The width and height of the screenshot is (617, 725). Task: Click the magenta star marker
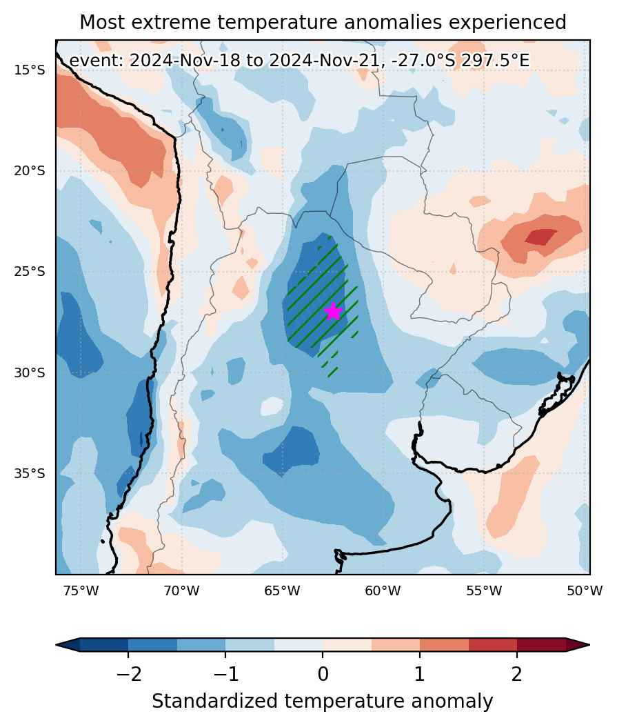333,312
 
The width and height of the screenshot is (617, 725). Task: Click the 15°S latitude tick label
30,70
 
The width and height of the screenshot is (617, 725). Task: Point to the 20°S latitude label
30,171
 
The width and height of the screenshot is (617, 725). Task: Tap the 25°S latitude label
30,271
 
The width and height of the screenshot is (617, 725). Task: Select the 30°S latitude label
30,373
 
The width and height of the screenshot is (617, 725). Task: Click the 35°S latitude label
30,473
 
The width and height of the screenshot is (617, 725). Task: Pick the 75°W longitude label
81,590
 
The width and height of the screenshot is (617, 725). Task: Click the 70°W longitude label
182,590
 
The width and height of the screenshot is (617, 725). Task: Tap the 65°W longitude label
283,590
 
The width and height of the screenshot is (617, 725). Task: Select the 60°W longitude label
383,590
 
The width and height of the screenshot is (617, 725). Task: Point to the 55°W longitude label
484,590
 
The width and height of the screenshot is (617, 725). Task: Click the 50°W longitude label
585,590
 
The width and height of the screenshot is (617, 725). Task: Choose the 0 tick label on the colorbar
323,675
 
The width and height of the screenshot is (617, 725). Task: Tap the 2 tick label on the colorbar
517,675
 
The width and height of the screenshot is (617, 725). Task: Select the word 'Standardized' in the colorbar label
214,702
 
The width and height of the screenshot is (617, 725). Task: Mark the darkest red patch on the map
541,237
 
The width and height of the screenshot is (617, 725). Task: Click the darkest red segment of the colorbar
541,644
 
